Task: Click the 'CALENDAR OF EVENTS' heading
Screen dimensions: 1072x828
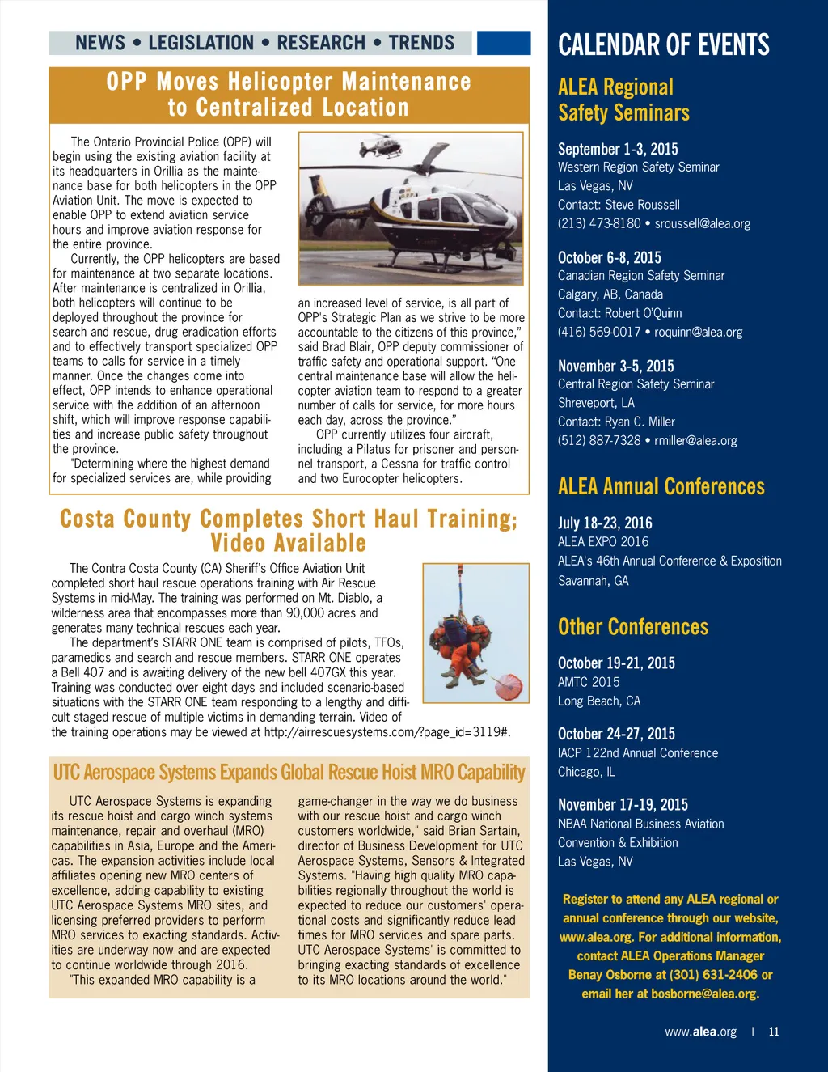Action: [664, 44]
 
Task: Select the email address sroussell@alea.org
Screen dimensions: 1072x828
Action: [703, 223]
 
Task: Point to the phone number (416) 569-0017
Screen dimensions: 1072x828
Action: [598, 332]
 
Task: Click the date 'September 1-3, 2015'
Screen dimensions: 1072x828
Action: [618, 149]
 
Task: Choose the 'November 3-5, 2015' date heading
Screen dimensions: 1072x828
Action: [615, 366]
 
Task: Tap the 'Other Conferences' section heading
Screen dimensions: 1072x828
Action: [633, 627]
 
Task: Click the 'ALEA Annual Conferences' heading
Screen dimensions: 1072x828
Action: [661, 486]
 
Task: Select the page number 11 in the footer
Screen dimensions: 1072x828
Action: [774, 1032]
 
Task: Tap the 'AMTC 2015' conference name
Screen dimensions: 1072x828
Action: [589, 682]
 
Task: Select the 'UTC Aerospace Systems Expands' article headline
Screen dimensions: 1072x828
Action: [289, 773]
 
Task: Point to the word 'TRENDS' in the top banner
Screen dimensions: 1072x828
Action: [421, 43]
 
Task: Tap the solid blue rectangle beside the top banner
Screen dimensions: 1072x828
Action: [503, 43]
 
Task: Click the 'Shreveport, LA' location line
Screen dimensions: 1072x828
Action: [596, 403]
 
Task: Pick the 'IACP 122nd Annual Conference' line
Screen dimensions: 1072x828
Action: [638, 753]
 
